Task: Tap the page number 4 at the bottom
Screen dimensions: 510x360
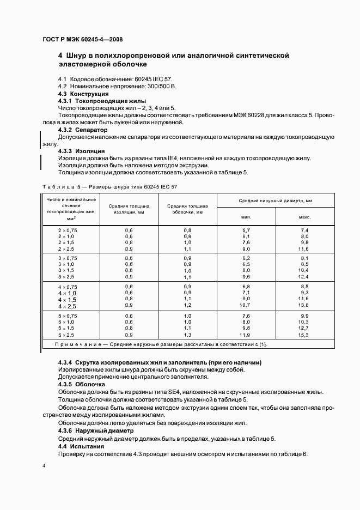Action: pyautogui.click(x=44, y=466)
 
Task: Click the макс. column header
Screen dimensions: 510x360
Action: pyautogui.click(x=304, y=217)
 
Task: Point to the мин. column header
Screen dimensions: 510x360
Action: pyautogui.click(x=246, y=217)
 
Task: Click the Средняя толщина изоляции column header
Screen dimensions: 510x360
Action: pyautogui.click(x=129, y=210)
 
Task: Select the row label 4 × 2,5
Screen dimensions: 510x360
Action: pyautogui.click(x=68, y=306)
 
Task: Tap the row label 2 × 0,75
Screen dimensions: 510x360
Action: pyautogui.click(x=68, y=230)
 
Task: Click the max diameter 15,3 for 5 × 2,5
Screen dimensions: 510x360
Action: pyautogui.click(x=304, y=335)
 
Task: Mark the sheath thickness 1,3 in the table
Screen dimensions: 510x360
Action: pyautogui.click(x=187, y=335)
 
